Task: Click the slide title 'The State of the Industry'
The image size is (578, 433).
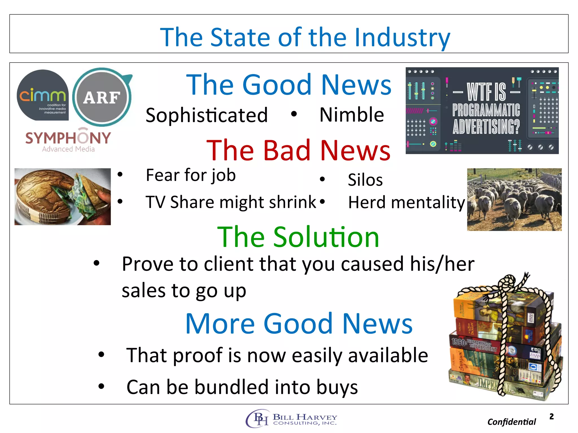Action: tap(305, 37)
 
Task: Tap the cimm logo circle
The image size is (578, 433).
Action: tap(43, 95)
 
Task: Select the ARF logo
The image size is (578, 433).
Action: tap(102, 97)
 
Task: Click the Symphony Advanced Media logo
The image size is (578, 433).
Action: tap(68, 141)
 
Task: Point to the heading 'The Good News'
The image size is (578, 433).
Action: tap(289, 85)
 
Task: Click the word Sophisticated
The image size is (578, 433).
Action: tap(207, 115)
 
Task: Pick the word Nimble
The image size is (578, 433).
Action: tap(352, 115)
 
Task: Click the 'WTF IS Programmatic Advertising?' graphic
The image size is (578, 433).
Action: tap(482, 111)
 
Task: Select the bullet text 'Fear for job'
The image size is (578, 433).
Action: tap(191, 175)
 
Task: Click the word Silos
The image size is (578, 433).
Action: tap(365, 180)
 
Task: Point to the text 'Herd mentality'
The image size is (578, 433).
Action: tap(406, 202)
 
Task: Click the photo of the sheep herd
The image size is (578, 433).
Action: tap(514, 200)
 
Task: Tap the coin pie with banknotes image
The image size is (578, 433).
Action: tap(63, 196)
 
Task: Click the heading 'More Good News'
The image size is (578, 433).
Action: tap(299, 324)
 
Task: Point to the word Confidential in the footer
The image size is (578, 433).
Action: tap(511, 422)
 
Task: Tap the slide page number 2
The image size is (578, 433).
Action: tap(551, 416)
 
